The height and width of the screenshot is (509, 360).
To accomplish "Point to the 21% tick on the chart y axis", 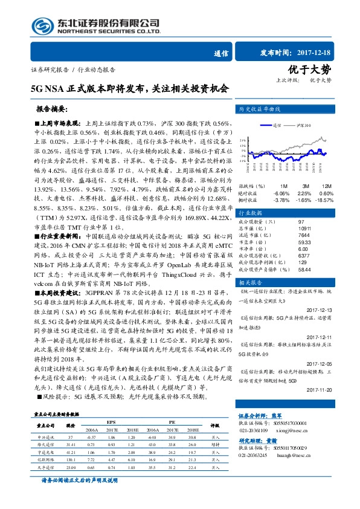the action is (242, 138).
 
